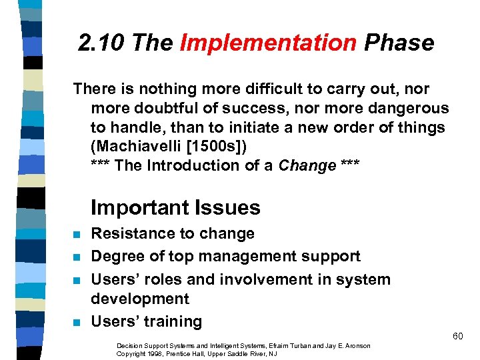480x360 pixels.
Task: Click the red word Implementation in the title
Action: tap(268, 43)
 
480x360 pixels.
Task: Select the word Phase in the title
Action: tap(399, 43)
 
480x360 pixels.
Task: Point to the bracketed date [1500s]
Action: tap(214, 146)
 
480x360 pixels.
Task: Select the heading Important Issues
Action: tap(175, 207)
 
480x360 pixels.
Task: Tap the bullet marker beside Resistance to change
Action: tap(77, 235)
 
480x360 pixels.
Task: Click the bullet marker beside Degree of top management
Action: tap(77, 257)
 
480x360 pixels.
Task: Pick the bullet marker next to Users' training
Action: tap(77, 323)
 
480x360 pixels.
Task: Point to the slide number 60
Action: tap(457, 336)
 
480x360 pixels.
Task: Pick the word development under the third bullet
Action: tap(140, 299)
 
